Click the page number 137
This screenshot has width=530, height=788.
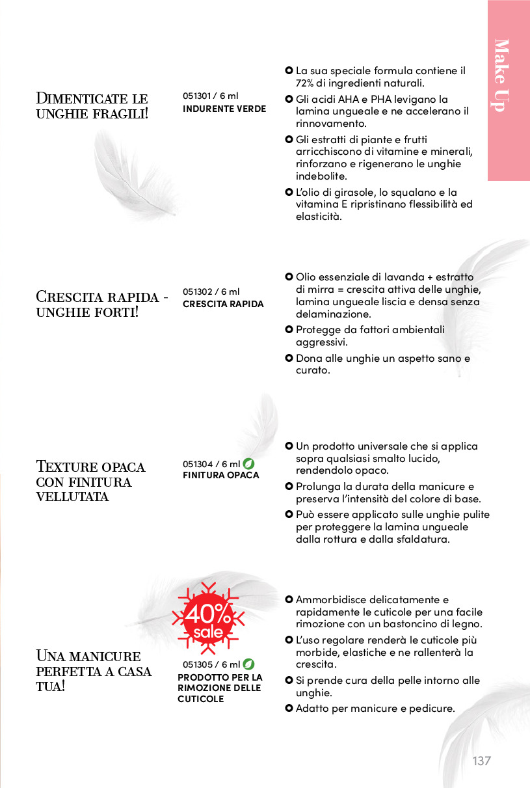(481, 761)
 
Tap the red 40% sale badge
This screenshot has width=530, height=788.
(208, 619)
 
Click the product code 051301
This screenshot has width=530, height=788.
(197, 96)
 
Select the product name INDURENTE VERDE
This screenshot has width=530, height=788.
(224, 109)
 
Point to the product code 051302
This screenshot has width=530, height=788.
(198, 292)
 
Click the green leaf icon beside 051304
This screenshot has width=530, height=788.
(248, 464)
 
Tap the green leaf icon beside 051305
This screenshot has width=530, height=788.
(248, 664)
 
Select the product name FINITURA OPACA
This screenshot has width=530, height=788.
(220, 475)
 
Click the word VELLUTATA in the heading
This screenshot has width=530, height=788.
(72, 497)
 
